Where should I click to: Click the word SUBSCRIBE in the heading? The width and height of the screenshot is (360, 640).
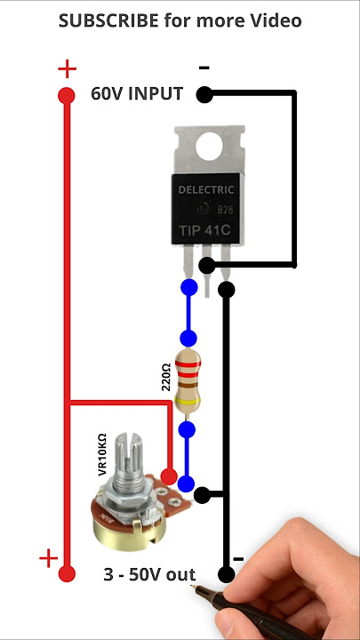[x=108, y=20]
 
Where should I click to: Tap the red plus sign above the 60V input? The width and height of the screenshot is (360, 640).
[x=67, y=69]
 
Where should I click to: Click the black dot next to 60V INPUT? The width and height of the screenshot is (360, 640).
[x=204, y=95]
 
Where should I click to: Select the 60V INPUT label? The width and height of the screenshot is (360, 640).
[x=137, y=94]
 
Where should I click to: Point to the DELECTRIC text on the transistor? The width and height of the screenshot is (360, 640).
[x=206, y=190]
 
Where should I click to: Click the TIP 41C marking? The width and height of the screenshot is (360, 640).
[x=205, y=230]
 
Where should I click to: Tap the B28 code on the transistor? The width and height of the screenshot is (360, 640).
[x=225, y=210]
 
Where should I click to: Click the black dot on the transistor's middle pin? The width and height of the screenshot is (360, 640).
[x=206, y=266]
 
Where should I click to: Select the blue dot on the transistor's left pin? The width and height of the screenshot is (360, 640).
[x=189, y=287]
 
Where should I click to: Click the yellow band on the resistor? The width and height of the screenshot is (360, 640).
[x=188, y=402]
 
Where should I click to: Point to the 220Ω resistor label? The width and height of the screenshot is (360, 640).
[x=166, y=377]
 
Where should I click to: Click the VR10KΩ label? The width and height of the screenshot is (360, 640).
[x=102, y=454]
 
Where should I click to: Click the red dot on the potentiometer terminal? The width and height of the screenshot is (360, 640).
[x=169, y=476]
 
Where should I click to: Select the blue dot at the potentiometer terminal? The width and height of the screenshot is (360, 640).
[x=186, y=484]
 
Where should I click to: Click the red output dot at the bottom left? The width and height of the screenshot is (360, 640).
[x=67, y=573]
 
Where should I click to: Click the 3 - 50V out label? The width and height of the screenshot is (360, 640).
[x=149, y=575]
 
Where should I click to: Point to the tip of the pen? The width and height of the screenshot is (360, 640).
[x=192, y=587]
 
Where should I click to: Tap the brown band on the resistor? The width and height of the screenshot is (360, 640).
[x=188, y=385]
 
